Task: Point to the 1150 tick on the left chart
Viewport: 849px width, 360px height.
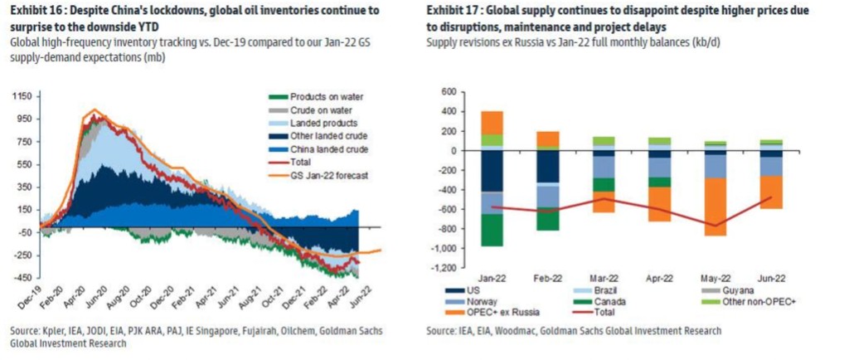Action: pyautogui.click(x=20, y=97)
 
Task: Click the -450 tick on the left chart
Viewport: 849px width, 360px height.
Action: pyautogui.click(x=20, y=277)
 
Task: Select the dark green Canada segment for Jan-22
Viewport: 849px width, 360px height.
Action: pyautogui.click(x=492, y=229)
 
